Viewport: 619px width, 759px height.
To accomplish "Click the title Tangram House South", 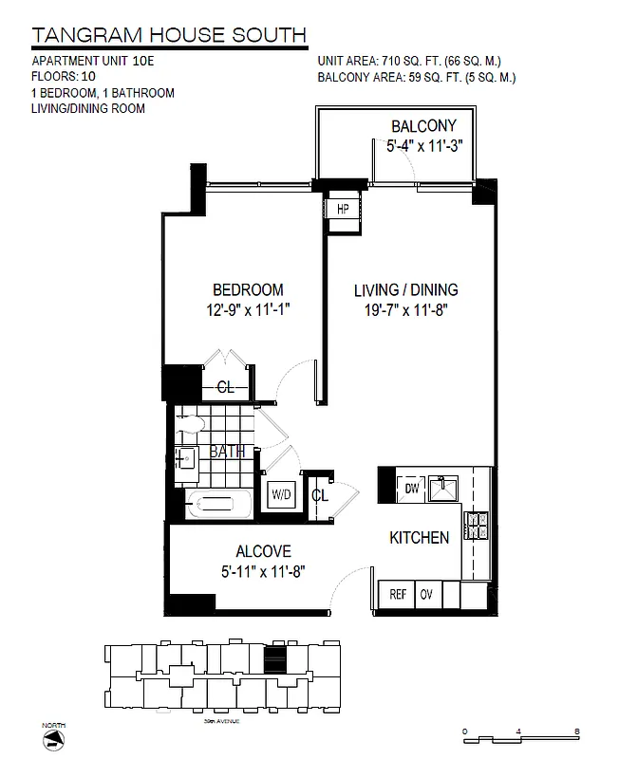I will (169, 36).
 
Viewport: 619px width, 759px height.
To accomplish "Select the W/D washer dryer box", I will (281, 494).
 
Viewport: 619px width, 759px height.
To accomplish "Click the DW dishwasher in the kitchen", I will (412, 487).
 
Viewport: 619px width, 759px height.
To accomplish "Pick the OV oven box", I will (427, 595).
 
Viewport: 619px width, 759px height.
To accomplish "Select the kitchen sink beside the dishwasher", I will (442, 488).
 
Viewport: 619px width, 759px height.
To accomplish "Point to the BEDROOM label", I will (248, 289).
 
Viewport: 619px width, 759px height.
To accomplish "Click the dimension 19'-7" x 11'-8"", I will (406, 308).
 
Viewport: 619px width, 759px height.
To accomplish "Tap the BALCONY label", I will (423, 126).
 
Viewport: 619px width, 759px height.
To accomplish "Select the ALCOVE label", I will (263, 551).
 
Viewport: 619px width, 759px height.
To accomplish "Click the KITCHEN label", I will (419, 538).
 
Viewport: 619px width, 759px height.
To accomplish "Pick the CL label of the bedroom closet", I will (225, 386).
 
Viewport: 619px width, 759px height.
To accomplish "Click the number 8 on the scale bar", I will (577, 731).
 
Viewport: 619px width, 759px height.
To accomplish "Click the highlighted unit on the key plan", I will (273, 658).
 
